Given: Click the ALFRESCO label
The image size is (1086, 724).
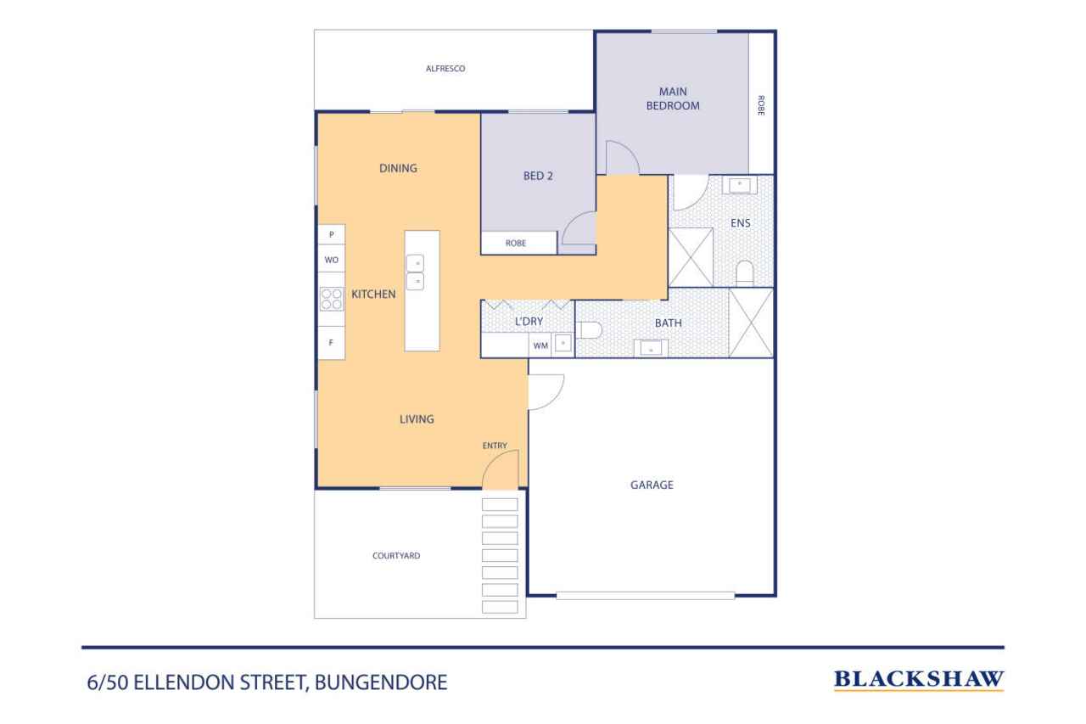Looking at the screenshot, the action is tap(445, 69).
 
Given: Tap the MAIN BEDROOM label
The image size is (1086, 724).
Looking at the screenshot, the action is tap(673, 98).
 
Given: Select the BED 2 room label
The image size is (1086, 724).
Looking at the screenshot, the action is tap(538, 176).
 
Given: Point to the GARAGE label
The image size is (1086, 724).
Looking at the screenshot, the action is tap(652, 485).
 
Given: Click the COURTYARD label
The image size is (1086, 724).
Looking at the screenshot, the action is tap(396, 556).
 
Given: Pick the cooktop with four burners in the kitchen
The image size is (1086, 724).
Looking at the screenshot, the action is tap(332, 299).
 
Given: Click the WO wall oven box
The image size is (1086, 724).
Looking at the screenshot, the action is tap(332, 260).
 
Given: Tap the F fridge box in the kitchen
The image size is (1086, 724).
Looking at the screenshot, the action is tap(332, 343).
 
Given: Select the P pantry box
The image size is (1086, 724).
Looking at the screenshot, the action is tap(332, 234).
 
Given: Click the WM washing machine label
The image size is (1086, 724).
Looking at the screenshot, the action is tap(540, 345).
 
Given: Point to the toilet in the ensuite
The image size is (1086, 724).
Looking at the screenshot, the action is tap(745, 273).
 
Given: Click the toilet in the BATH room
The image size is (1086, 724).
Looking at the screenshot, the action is tap(589, 330).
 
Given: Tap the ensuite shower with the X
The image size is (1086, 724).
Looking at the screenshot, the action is tap(691, 257).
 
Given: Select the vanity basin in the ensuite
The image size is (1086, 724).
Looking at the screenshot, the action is tap(740, 185).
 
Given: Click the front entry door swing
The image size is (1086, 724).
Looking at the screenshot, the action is tap(501, 469).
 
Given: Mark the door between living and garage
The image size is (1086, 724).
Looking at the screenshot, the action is tap(546, 392).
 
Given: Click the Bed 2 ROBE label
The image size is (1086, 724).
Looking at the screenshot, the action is tap(515, 244).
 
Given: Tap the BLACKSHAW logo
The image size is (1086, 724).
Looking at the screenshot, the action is tap(919, 680).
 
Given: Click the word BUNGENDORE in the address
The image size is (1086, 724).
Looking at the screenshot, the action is tap(381, 682).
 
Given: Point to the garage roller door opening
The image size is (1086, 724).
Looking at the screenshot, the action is tap(646, 596).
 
